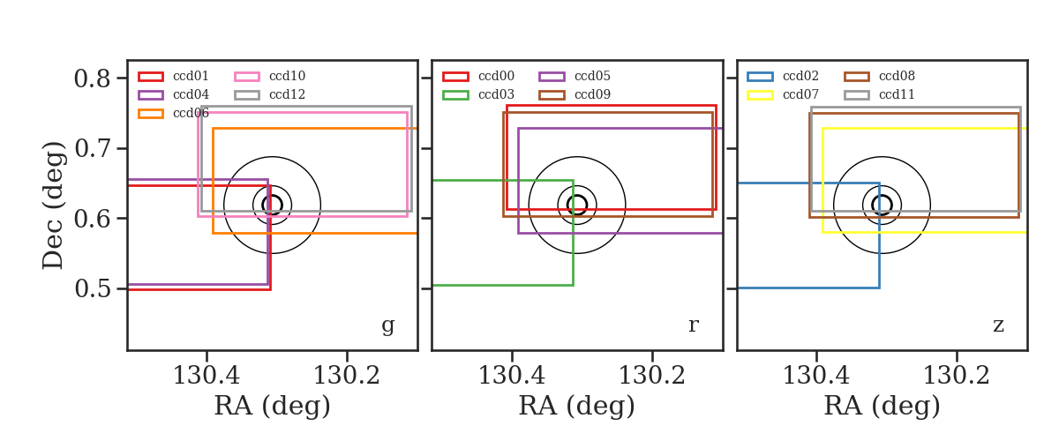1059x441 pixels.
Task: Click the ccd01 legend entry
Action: pyautogui.click(x=174, y=76)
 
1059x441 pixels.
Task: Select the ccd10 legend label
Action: pyautogui.click(x=287, y=76)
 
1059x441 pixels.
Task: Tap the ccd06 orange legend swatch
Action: pyautogui.click(x=151, y=114)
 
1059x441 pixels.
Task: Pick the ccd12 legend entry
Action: pyautogui.click(x=270, y=94)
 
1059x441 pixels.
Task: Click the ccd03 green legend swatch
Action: pyautogui.click(x=455, y=95)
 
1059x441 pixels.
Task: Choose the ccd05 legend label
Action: pyautogui.click(x=592, y=76)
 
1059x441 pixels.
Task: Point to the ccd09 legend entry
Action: pyautogui.click(x=575, y=94)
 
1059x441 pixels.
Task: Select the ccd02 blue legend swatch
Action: pyautogui.click(x=760, y=77)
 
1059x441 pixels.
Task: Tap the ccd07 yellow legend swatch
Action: pyautogui.click(x=760, y=95)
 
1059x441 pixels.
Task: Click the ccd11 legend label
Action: pyautogui.click(x=897, y=94)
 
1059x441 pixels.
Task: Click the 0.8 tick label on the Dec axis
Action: pyautogui.click(x=92, y=78)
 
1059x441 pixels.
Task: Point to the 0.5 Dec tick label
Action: pyautogui.click(x=92, y=288)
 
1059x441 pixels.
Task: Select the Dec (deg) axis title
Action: pyautogui.click(x=52, y=206)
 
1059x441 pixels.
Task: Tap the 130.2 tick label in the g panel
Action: pyautogui.click(x=347, y=376)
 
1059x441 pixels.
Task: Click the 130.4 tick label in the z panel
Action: pyautogui.click(x=816, y=376)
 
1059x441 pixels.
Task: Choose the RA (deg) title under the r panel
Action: pyautogui.click(x=577, y=406)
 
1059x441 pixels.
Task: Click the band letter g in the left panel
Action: pyautogui.click(x=387, y=325)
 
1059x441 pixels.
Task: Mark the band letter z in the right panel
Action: pyautogui.click(x=998, y=325)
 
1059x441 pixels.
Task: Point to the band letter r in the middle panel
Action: pyautogui.click(x=693, y=325)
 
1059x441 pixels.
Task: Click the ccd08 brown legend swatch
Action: pyautogui.click(x=857, y=77)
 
